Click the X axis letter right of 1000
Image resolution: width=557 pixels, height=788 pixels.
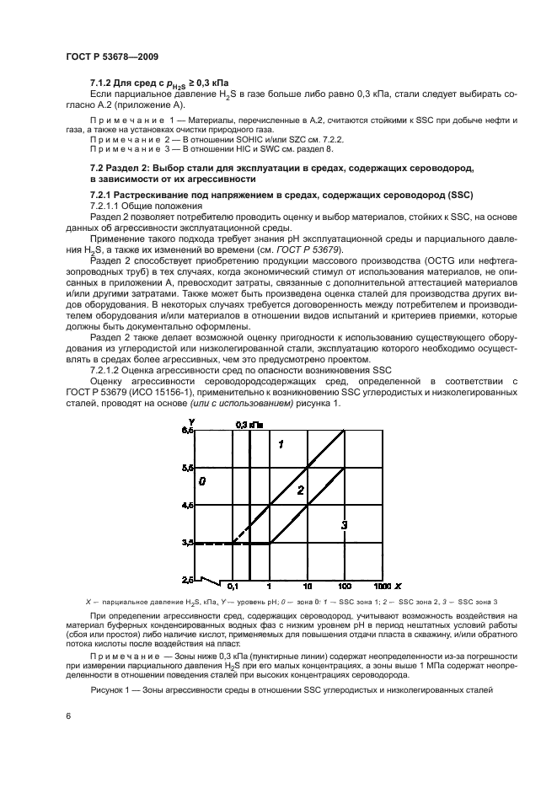(397, 585)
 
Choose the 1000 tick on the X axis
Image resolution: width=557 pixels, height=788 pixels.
(381, 585)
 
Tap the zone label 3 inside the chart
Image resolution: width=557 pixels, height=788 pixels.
(344, 525)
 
